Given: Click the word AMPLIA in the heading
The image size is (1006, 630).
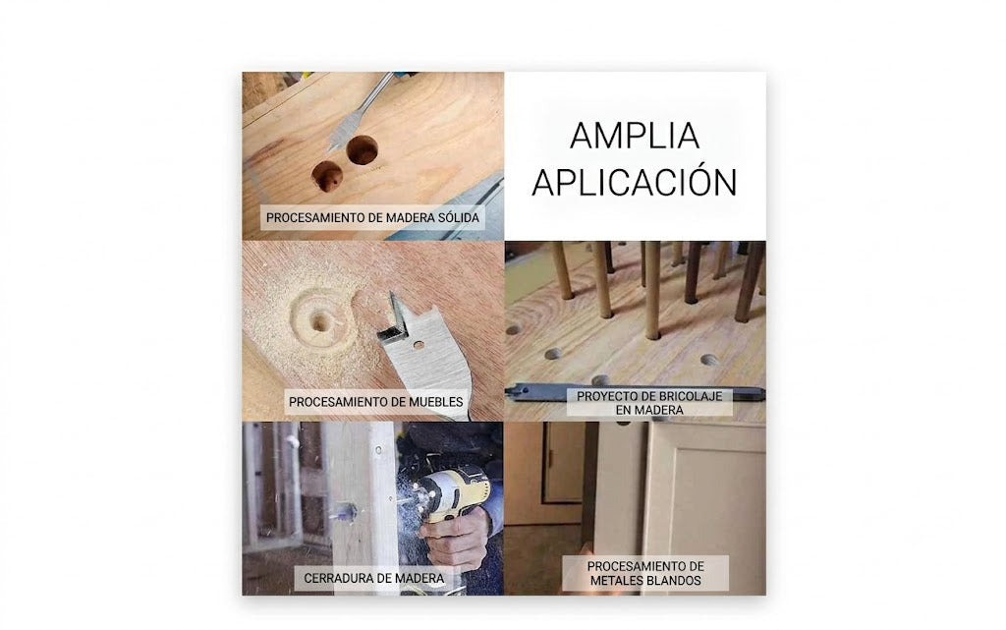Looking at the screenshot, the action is (635, 136).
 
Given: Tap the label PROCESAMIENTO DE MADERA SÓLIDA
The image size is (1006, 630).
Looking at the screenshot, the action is (372, 217).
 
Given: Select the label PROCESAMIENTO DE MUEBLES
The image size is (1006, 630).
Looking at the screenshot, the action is (376, 402).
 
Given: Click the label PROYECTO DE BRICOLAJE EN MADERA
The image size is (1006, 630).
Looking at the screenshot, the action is (649, 403).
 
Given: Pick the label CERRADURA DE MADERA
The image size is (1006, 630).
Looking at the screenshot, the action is (374, 578).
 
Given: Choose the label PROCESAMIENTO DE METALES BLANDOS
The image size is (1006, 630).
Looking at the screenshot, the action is (645, 574).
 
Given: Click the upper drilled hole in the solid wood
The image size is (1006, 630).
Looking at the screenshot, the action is (362, 150).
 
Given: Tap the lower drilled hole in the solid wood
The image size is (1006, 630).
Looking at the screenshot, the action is (327, 176).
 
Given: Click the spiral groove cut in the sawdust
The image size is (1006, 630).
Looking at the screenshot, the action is (319, 320).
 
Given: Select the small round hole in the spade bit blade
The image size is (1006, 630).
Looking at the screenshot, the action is (419, 345).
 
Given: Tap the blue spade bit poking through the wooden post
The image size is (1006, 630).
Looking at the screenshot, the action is (344, 513).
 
